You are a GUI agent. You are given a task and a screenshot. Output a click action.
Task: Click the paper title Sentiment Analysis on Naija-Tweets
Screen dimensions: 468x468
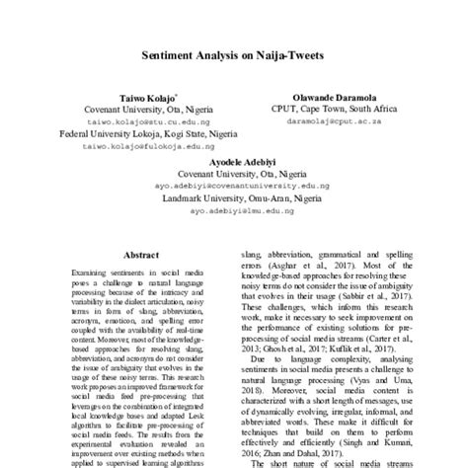234,58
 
